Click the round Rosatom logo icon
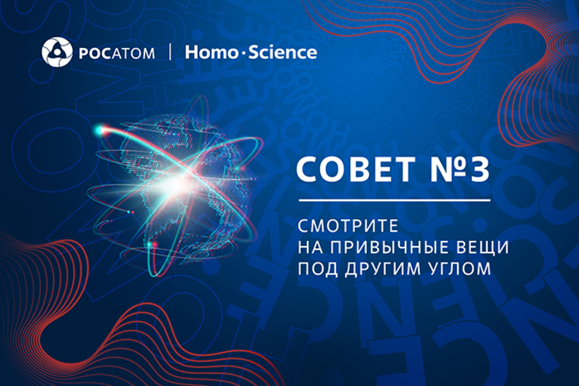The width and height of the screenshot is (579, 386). coord(56,52)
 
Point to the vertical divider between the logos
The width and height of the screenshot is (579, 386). coord(169,52)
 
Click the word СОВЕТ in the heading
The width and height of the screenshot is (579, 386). coord(349,172)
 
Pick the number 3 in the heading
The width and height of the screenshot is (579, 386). coord(478,172)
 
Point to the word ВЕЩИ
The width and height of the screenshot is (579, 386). coord(481,247)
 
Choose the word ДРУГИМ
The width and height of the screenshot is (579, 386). coord(382,268)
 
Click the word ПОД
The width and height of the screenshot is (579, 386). coord(316,268)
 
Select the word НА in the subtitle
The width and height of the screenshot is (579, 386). coord(308,247)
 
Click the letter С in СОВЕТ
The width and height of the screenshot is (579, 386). coord(308,172)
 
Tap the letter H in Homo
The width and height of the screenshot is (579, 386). coord(192,52)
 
